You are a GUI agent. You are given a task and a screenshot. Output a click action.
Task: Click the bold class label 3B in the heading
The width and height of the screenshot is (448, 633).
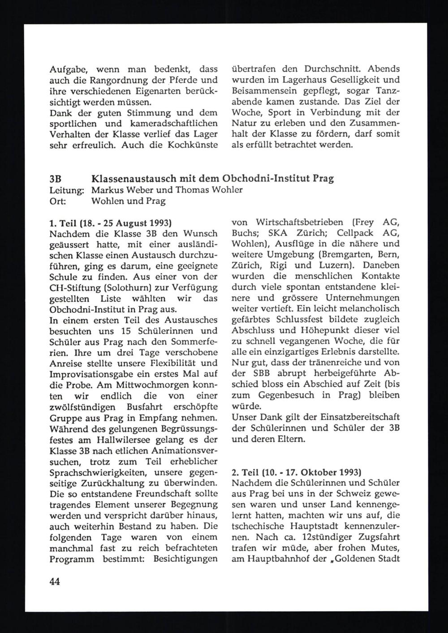(55, 179)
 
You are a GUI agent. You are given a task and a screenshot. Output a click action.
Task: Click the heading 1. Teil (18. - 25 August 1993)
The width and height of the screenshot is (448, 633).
(110, 222)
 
